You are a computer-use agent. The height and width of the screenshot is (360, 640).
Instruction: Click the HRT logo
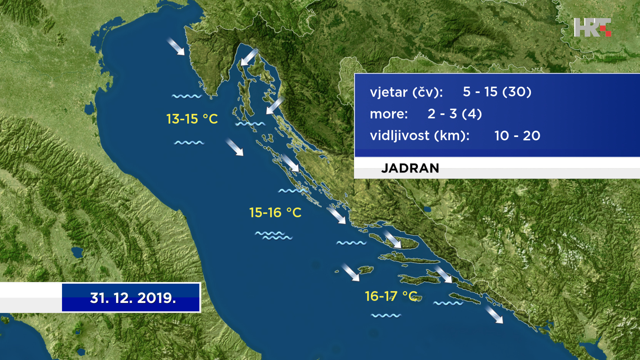(x=592, y=27)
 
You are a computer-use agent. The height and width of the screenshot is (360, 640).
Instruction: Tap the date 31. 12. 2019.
(x=133, y=298)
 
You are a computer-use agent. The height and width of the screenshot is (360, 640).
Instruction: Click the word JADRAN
(x=410, y=168)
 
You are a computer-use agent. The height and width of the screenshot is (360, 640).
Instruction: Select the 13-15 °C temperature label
(x=192, y=119)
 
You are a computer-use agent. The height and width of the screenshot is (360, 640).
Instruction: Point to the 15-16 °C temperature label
(x=275, y=213)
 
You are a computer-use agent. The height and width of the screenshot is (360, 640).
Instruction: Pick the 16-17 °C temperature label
(x=391, y=296)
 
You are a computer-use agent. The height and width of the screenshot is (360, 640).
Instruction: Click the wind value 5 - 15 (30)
(x=497, y=92)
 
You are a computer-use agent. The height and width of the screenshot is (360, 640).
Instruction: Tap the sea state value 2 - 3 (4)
(x=455, y=114)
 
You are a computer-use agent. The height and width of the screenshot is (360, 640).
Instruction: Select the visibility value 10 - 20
(x=517, y=136)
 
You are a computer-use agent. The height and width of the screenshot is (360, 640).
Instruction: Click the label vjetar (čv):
(x=406, y=92)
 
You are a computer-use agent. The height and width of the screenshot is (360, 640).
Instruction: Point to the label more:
(x=389, y=114)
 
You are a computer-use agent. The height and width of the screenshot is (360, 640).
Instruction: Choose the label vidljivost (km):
(x=420, y=136)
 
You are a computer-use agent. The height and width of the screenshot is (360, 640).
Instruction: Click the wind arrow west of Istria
(x=176, y=46)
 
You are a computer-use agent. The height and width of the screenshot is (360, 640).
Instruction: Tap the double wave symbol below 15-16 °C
(x=274, y=235)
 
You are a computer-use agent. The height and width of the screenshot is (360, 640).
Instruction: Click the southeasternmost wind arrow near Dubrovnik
(x=494, y=315)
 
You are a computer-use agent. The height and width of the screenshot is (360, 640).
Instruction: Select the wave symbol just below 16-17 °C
(x=386, y=315)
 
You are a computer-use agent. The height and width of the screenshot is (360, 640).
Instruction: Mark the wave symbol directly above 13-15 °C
(x=187, y=96)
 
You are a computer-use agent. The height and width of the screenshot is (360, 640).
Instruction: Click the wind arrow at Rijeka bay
(x=249, y=57)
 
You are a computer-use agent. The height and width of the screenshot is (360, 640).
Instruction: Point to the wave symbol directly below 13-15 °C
(x=189, y=143)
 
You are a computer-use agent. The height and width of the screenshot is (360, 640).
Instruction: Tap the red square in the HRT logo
(x=608, y=33)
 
